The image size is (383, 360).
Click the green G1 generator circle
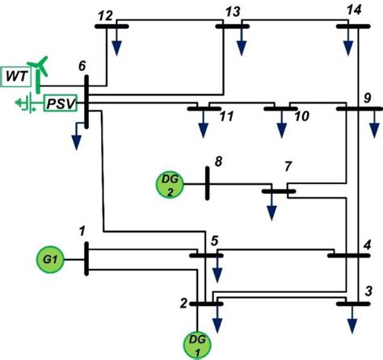49,260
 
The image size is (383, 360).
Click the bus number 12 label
104,15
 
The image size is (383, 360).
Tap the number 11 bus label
227,118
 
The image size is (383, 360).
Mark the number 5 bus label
215,240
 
